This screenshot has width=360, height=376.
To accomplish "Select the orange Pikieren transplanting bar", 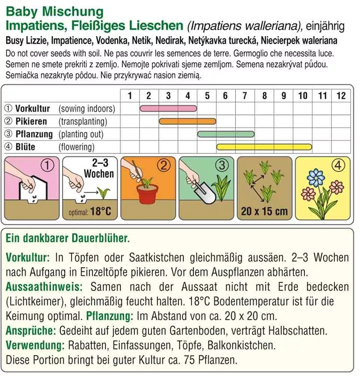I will [x=188, y=121].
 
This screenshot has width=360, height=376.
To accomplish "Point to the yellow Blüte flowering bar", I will [x=264, y=147].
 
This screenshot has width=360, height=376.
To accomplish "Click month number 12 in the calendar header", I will [x=341, y=95].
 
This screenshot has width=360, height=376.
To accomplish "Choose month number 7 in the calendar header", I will [x=245, y=95].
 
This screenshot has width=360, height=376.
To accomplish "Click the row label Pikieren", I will [x=31, y=121].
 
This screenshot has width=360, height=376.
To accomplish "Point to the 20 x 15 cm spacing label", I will [x=264, y=211].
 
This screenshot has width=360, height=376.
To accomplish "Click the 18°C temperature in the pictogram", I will [x=100, y=212].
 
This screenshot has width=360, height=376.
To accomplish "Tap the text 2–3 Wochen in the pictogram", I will [x=99, y=168].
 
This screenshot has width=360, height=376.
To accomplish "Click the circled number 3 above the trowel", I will [x=223, y=165].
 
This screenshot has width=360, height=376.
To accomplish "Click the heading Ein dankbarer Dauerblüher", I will [x=68, y=239].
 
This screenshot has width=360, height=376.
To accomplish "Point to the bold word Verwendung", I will [x=35, y=345].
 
